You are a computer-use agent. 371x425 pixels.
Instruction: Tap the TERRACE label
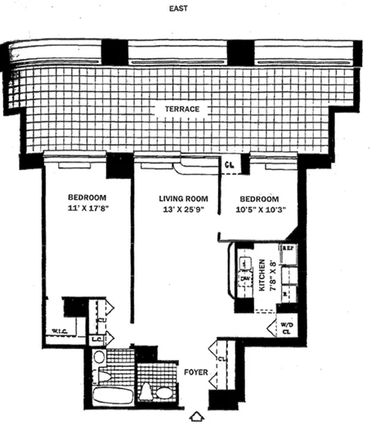pyautogui.click(x=182, y=110)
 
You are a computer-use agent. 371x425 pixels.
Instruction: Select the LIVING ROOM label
pyautogui.click(x=182, y=199)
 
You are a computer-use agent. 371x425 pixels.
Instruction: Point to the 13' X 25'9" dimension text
pyautogui.click(x=182, y=211)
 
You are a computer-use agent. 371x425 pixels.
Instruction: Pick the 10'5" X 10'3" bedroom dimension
pyautogui.click(x=259, y=211)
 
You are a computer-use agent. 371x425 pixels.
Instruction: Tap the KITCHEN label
pyautogui.click(x=262, y=274)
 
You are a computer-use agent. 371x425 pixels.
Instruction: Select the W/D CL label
pyautogui.click(x=286, y=328)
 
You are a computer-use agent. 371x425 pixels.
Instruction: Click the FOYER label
pyautogui.click(x=195, y=370)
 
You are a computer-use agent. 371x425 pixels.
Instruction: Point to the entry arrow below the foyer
pyautogui.click(x=197, y=416)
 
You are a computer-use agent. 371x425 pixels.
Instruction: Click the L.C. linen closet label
pyautogui.click(x=97, y=340)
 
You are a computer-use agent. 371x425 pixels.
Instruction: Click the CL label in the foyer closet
pyautogui.click(x=222, y=359)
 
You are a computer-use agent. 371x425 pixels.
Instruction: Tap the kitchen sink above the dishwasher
pyautogui.click(x=244, y=262)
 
